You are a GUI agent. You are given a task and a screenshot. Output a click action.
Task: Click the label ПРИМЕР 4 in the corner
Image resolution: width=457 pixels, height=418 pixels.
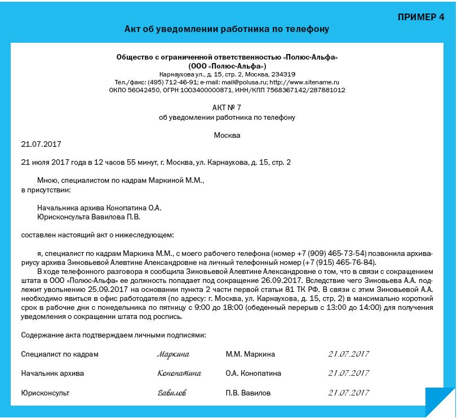point(420,16)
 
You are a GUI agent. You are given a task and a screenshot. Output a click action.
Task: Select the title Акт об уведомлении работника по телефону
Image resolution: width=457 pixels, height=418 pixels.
point(227,29)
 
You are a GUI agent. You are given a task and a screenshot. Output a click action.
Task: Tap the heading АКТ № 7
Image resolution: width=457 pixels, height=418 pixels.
point(227,107)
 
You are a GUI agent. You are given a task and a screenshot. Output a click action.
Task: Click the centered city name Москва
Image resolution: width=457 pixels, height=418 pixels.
point(227,135)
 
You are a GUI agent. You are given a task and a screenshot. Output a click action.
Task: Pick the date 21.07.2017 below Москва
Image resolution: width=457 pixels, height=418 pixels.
point(41,144)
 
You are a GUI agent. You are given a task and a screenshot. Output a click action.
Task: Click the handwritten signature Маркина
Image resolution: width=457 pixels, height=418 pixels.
point(174,354)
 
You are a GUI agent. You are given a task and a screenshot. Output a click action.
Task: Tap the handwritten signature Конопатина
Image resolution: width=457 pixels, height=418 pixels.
point(179,374)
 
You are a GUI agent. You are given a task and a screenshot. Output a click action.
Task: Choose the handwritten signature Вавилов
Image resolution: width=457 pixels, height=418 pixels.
point(172,393)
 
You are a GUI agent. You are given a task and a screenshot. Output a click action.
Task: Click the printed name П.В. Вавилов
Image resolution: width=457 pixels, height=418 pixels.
point(248,393)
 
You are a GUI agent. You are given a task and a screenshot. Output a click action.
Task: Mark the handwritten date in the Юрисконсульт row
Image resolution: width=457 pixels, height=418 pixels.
point(348,393)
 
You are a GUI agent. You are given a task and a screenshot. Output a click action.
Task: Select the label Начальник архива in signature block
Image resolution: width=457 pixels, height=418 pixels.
point(52,374)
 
